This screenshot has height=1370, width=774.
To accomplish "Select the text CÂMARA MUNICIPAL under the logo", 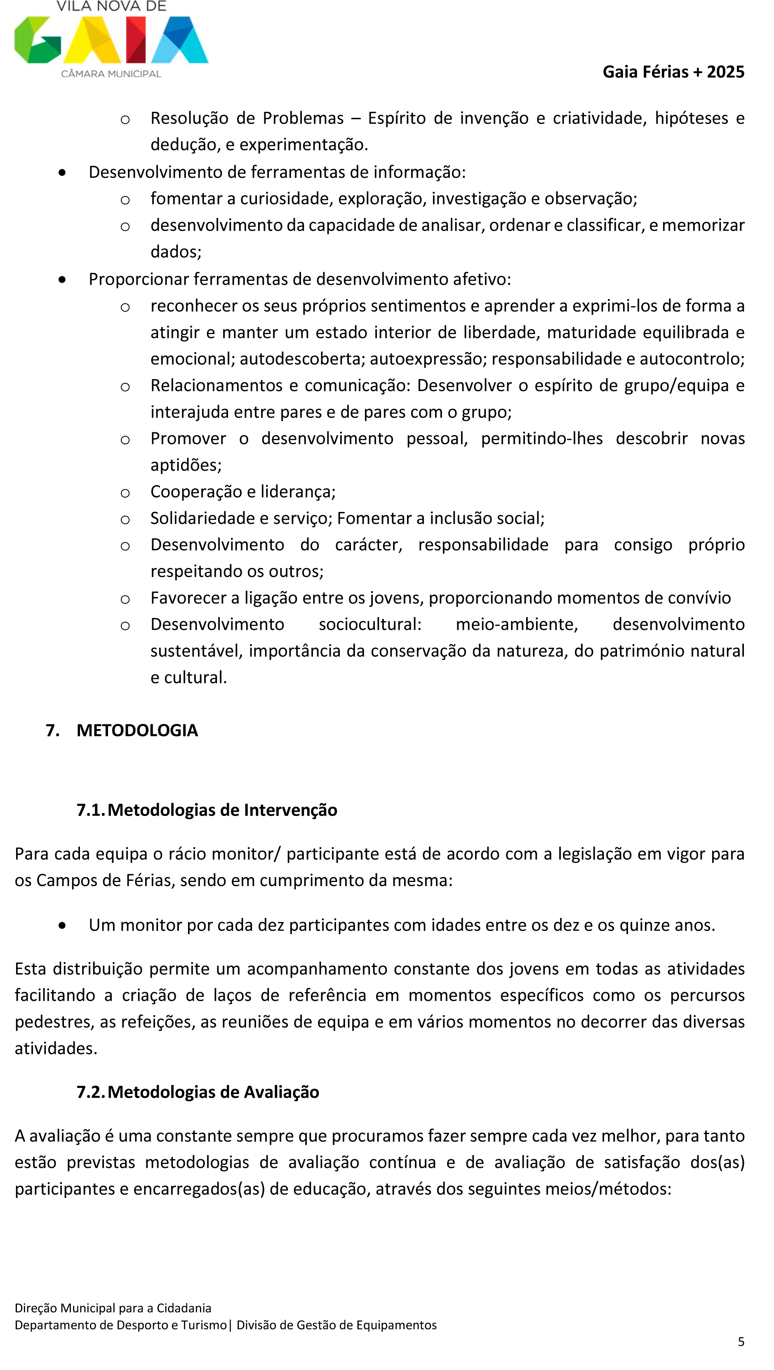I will click(111, 74).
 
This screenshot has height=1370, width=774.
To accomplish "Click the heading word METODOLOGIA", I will click(137, 730).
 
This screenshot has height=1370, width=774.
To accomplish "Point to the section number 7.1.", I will click(91, 810).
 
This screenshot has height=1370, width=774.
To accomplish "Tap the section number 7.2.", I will click(91, 1092).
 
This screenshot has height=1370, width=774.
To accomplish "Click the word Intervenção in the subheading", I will click(290, 810).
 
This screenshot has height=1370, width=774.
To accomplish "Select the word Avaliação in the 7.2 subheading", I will click(281, 1092).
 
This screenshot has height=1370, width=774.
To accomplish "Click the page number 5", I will click(741, 1342).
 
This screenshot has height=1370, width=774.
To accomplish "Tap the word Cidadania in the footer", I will click(184, 1308).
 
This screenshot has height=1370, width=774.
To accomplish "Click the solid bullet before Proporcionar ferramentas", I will click(63, 279).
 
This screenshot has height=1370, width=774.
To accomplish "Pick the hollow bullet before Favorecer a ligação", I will click(125, 599).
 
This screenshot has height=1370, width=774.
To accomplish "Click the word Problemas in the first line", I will click(303, 118).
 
